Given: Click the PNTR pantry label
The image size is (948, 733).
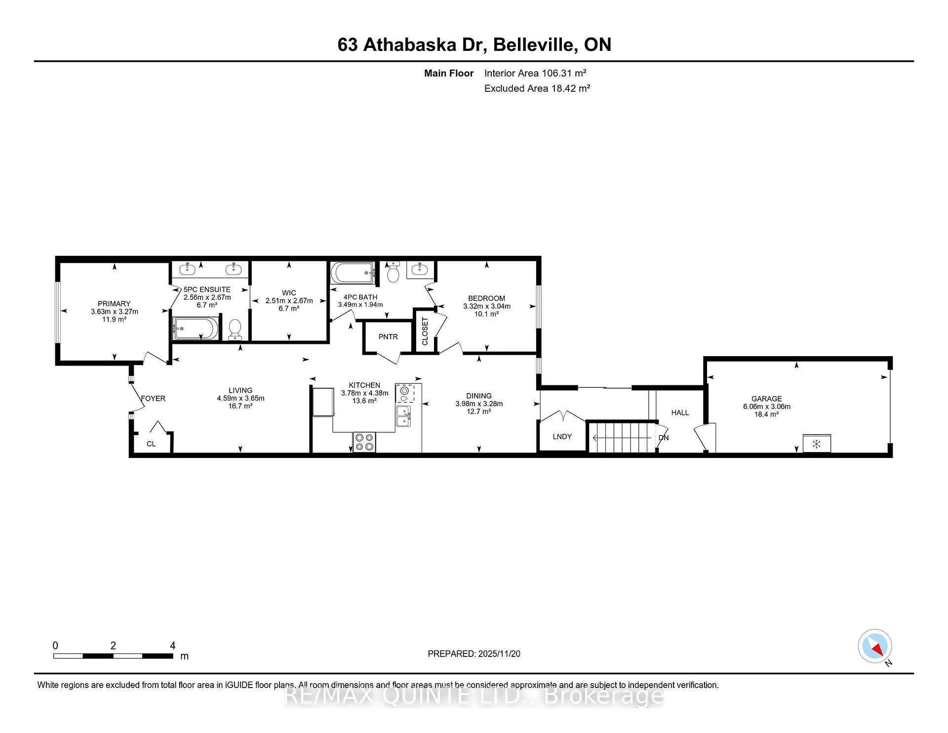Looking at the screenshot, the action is [x=388, y=337].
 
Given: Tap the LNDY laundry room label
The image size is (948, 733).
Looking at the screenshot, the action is [x=562, y=437].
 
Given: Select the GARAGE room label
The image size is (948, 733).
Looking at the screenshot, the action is [x=767, y=399].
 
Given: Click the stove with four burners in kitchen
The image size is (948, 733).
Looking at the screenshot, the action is [x=364, y=442].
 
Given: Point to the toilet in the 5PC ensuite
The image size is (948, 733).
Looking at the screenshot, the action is [x=235, y=329].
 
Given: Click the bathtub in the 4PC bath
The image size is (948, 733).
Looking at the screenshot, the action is [x=353, y=273].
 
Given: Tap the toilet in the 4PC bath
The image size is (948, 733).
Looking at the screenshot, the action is [x=393, y=272].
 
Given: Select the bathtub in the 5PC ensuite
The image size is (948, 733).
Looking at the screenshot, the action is [x=196, y=328].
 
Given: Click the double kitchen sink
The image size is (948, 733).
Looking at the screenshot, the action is [x=404, y=416].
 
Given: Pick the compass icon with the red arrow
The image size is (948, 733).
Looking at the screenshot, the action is [x=875, y=646].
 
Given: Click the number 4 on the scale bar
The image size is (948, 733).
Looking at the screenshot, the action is [x=173, y=646].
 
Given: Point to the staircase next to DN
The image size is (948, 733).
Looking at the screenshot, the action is [x=622, y=437].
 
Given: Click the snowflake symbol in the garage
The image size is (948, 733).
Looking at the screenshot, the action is [x=817, y=444].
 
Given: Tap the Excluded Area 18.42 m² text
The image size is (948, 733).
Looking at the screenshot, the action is [x=537, y=88].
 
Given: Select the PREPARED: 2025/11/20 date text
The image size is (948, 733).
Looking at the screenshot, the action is [x=474, y=653].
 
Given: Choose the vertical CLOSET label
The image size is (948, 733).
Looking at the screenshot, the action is [x=425, y=331].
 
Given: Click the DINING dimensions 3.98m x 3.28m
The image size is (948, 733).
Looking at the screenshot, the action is [x=479, y=404].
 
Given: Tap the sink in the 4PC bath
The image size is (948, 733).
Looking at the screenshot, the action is [x=420, y=269].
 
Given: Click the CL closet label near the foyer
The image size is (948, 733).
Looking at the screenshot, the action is [x=151, y=444].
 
